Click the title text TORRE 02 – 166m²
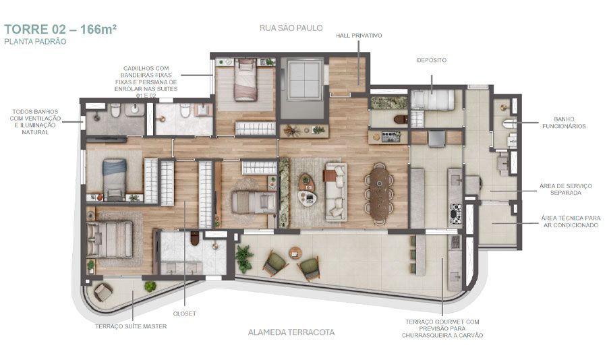(51, 30)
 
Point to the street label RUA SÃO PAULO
(291, 28)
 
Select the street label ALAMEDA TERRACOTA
(292, 332)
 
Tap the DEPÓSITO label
(432, 60)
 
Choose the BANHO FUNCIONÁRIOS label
(562, 122)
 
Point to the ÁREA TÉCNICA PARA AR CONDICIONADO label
(569, 222)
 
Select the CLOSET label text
(184, 313)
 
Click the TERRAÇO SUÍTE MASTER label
(131, 326)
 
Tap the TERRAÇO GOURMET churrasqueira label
(442, 328)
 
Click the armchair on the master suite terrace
(104, 292)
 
